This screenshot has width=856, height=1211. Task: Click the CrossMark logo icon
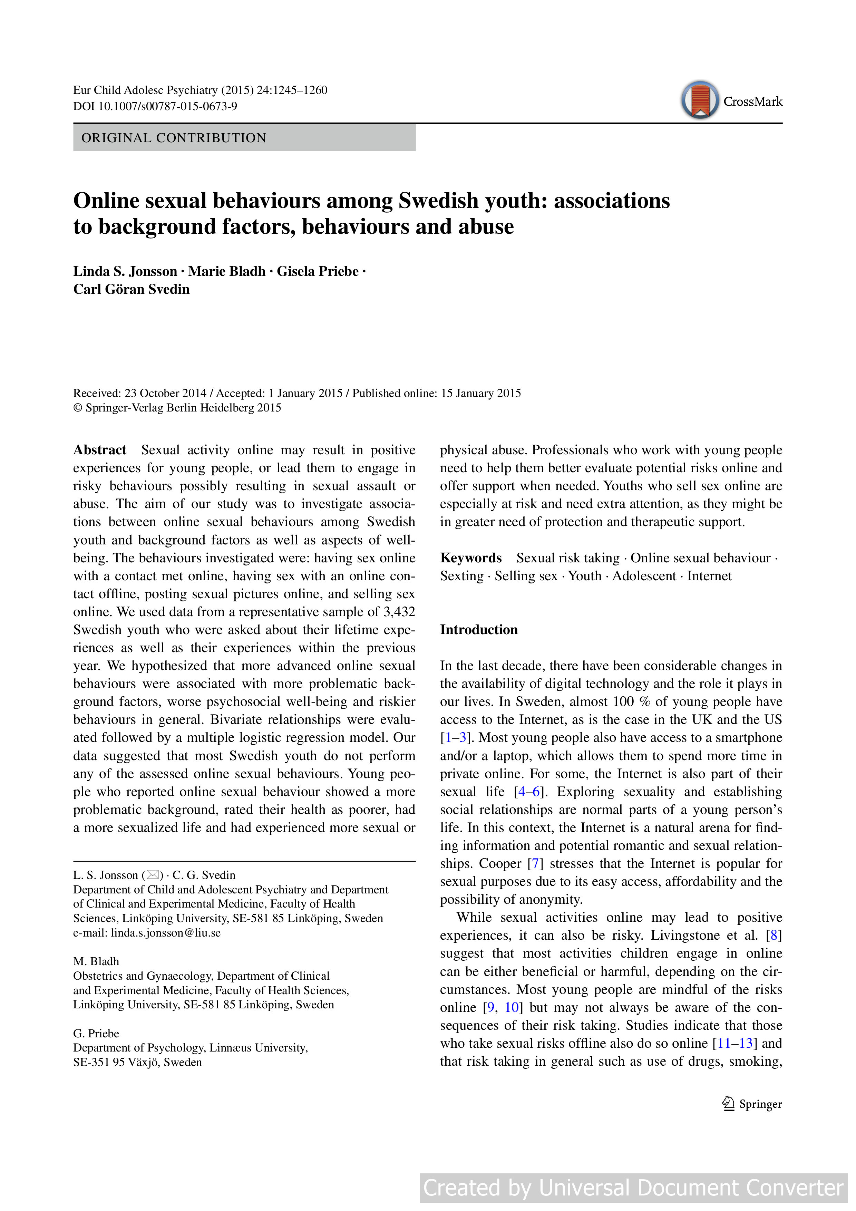(x=699, y=100)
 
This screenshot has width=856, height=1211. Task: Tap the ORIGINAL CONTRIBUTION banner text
(x=174, y=138)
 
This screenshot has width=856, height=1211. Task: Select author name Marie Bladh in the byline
(x=227, y=272)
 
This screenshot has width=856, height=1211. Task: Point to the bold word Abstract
(x=100, y=450)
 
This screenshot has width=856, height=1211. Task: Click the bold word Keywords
(x=470, y=558)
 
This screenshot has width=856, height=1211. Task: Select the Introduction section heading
(x=478, y=630)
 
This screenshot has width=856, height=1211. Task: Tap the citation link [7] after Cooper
(x=535, y=863)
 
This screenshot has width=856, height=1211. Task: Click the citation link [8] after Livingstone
(x=774, y=935)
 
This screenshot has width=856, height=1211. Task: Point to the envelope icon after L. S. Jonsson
(x=153, y=875)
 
